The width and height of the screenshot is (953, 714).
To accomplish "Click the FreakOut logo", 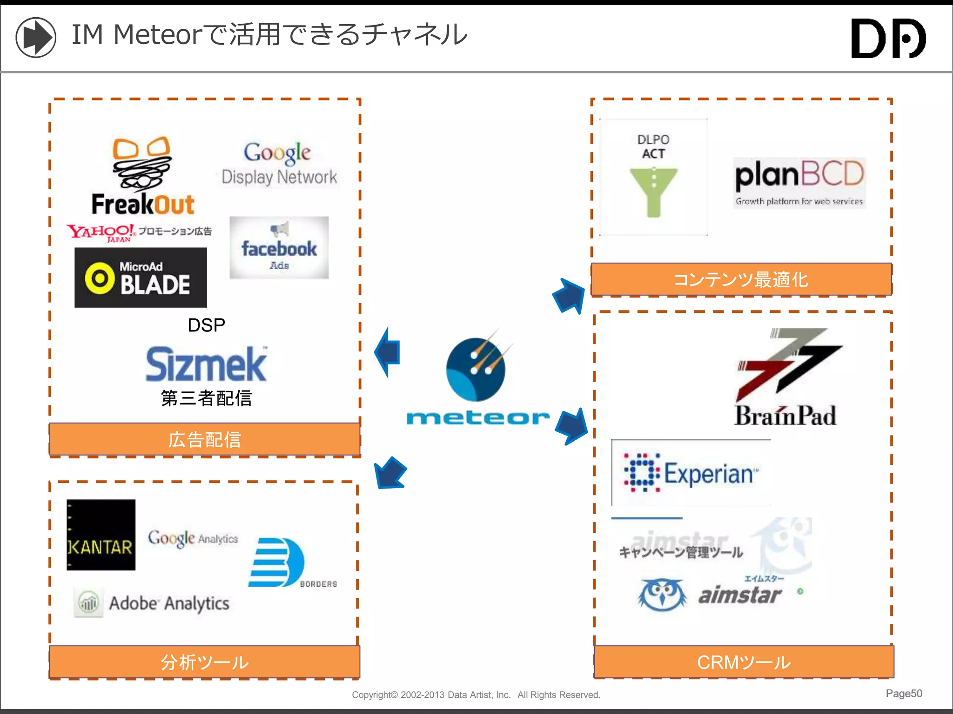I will tap(142, 177).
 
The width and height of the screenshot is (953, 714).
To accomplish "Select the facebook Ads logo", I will tap(279, 248).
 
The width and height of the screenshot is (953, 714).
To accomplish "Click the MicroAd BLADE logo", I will tap(141, 278).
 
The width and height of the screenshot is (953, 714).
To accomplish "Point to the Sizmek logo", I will tap(206, 364).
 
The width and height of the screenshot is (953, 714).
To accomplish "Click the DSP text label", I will tap(206, 325).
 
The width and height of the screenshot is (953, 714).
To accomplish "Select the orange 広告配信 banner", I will tap(205, 439).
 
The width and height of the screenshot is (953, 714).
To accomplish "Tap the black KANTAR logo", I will tap(101, 535).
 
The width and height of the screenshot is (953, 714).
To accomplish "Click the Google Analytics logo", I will tap(193, 538).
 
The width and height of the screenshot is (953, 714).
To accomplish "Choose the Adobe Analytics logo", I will tap(152, 603).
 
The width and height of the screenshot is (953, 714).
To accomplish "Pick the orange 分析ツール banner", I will tap(205, 662).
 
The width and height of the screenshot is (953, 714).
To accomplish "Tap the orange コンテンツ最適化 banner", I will tap(741, 279).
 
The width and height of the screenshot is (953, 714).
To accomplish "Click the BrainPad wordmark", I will tap(785, 416).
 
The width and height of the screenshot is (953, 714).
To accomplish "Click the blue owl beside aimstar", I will tap(662, 595).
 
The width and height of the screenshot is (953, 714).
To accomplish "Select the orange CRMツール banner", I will tap(744, 662).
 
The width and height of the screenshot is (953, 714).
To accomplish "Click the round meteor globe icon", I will tap(476, 370).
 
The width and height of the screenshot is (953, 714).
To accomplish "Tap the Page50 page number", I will tap(904, 694).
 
